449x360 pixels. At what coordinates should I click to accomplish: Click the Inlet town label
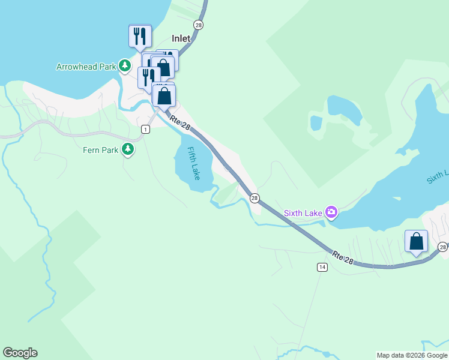coord(181,38)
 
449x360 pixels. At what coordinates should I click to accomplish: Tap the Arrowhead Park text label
coord(86,67)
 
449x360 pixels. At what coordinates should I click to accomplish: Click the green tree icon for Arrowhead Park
coord(124,65)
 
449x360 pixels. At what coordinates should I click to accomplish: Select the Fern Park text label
coord(100,150)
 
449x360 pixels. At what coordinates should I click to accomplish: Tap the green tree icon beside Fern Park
coord(127,149)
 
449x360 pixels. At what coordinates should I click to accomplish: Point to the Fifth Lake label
coord(193,164)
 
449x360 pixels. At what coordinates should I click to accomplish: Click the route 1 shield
coord(145,129)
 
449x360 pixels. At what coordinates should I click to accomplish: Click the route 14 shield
coord(322,267)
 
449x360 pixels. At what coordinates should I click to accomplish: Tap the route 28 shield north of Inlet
coord(199,25)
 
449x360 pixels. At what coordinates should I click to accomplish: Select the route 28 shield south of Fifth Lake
coord(255,198)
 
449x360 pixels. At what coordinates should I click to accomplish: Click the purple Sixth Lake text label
coord(303,212)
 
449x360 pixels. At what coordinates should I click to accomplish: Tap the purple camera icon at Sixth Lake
coord(331,212)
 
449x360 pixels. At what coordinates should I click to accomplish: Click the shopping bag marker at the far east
coord(416,242)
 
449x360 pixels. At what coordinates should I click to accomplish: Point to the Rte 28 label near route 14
coord(343,256)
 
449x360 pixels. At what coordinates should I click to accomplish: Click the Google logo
coord(20,353)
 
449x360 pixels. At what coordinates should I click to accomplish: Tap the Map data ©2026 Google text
coord(412,355)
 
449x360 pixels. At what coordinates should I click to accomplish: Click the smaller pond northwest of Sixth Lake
coord(316,123)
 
